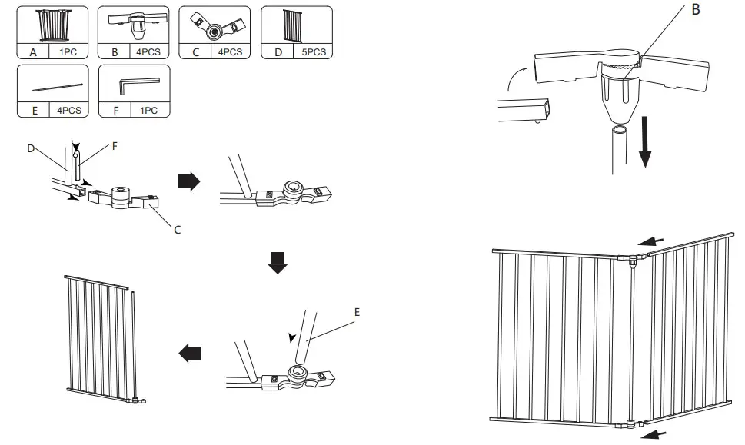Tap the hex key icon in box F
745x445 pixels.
click(x=139, y=84)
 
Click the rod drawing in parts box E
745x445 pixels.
click(x=58, y=85)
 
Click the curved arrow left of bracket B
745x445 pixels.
click(x=516, y=76)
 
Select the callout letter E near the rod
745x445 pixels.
click(x=356, y=313)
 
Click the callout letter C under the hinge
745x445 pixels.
click(x=177, y=229)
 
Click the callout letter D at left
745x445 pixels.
click(x=31, y=148)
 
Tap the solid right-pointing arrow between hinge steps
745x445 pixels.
click(x=189, y=181)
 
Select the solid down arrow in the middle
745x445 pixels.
click(x=278, y=264)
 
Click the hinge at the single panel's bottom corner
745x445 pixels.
click(x=136, y=400)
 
